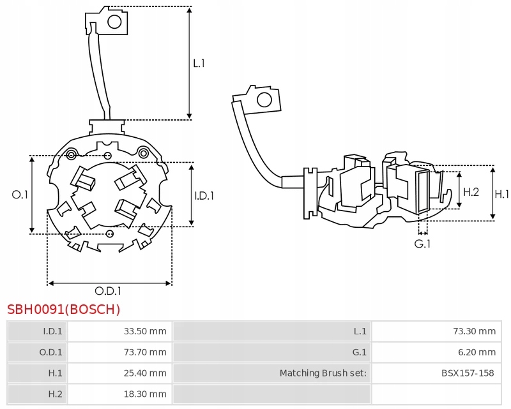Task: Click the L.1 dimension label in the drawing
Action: pyautogui.click(x=199, y=63)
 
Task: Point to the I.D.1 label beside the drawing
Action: pyautogui.click(x=204, y=196)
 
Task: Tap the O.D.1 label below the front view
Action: pyautogui.click(x=109, y=291)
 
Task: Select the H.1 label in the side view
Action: pyautogui.click(x=502, y=194)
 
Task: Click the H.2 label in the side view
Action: pyautogui.click(x=471, y=191)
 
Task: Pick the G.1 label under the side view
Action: pyautogui.click(x=422, y=244)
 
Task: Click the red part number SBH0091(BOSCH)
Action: pyautogui.click(x=64, y=309)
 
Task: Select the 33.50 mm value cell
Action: pyautogui.click(x=145, y=331)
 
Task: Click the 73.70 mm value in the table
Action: pyautogui.click(x=145, y=352)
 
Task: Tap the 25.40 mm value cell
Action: pyautogui.click(x=145, y=373)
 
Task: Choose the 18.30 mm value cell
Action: pyautogui.click(x=145, y=394)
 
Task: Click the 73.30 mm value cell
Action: pyautogui.click(x=474, y=331)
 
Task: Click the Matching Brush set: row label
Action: pyautogui.click(x=323, y=373)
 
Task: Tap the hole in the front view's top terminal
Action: pyautogui.click(x=114, y=22)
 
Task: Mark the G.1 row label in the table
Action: pyautogui.click(x=359, y=352)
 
